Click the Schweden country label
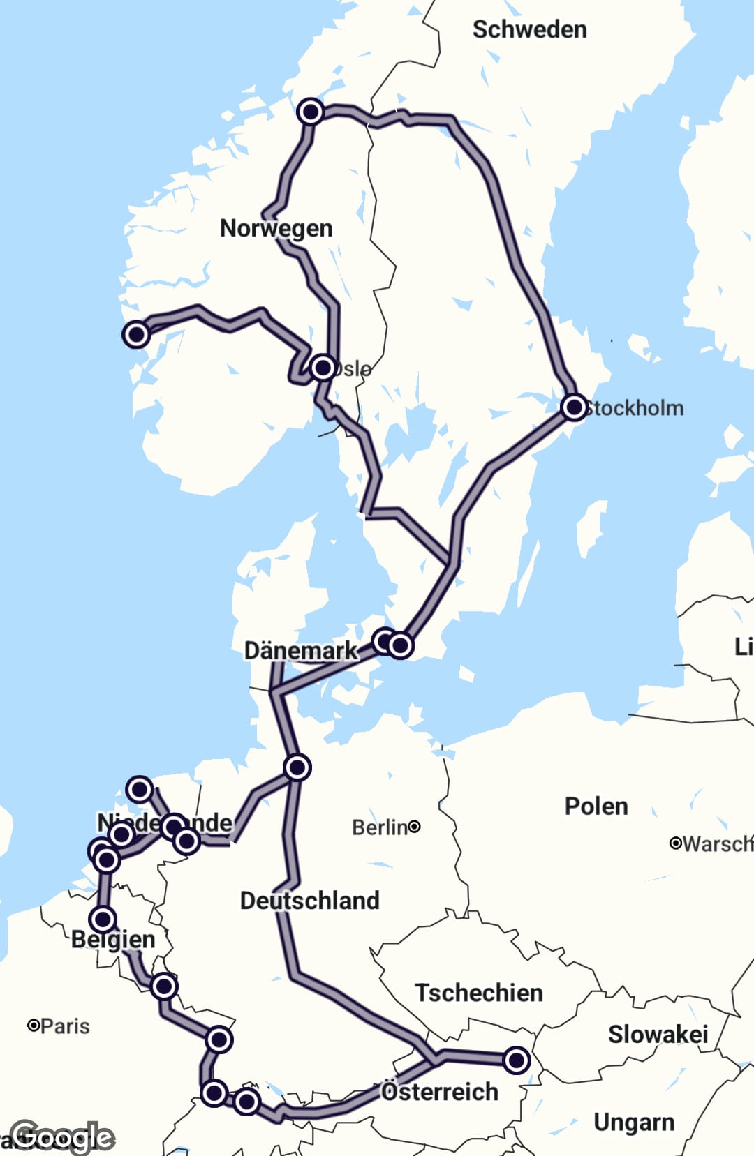coord(529,29)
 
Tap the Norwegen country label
coord(276,228)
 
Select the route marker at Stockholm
coord(574,407)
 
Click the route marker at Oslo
coord(323,367)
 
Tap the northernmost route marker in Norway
coord(310,112)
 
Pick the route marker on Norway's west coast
coord(136,334)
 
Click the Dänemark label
coord(300,650)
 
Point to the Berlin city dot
coord(414,827)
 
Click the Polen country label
coord(596,806)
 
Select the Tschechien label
coord(479,992)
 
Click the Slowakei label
coord(658,1034)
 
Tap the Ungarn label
coord(634,1122)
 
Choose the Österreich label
coord(440,1091)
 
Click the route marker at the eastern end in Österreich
coord(517,1060)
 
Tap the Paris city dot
coord(33,1025)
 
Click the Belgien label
coord(113,939)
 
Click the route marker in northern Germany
coord(297,767)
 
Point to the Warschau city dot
coord(675,843)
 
